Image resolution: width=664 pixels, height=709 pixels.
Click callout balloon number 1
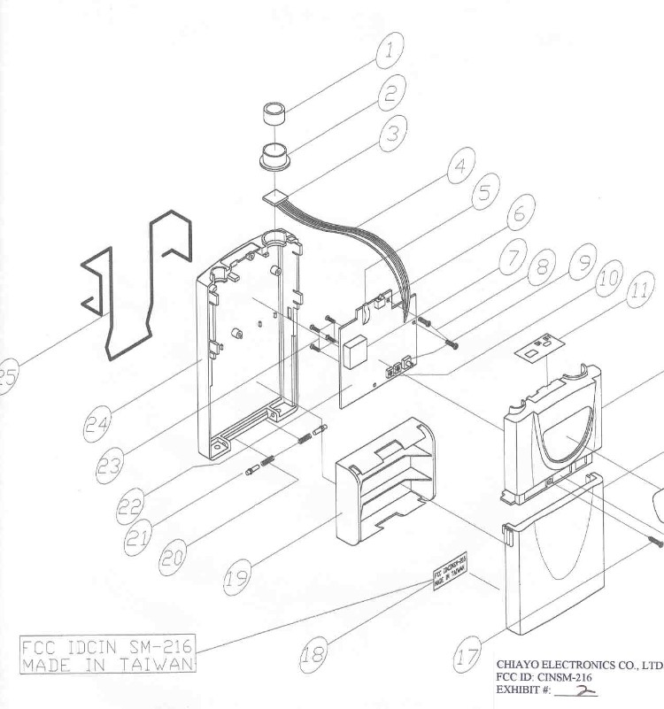387,50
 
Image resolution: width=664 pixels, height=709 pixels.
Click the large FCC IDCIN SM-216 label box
108,653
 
